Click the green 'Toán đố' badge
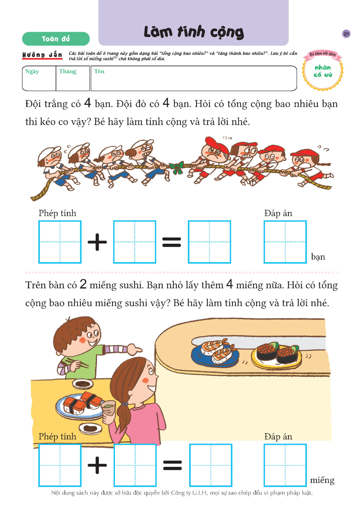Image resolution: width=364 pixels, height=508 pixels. [56, 39]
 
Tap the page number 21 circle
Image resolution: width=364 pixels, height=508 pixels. [346, 34]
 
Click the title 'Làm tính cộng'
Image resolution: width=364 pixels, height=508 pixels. [194, 32]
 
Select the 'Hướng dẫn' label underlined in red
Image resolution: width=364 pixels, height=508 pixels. [42, 55]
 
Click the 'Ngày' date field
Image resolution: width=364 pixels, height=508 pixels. [39, 78]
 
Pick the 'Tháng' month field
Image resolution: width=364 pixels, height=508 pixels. [73, 78]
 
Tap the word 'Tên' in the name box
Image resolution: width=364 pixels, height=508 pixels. [99, 71]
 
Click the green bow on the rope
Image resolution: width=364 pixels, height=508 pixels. [177, 167]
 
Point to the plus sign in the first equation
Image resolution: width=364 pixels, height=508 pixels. [97, 242]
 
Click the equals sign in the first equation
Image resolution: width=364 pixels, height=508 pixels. [172, 242]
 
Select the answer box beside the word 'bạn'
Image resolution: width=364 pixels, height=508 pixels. [285, 242]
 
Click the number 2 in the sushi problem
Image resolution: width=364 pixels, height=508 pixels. [83, 284]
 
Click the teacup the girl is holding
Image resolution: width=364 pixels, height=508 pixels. [109, 409]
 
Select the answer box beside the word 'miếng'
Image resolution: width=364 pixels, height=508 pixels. [285, 465]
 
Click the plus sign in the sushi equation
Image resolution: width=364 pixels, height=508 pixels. [97, 465]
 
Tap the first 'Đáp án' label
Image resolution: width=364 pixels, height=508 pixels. [278, 213]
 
